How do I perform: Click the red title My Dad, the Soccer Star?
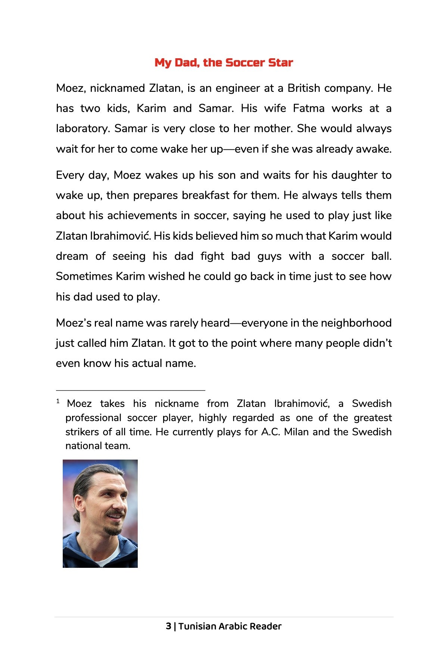pos(224,62)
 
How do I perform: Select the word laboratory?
pos(83,129)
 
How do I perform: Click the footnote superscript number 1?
pos(58,401)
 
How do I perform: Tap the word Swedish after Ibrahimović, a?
pos(371,404)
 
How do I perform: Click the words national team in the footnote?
pos(97,446)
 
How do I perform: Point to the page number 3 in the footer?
pos(168,626)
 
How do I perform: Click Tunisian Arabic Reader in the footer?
pos(230,626)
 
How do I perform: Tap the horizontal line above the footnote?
pos(130,390)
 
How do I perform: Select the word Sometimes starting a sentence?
pos(84,277)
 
